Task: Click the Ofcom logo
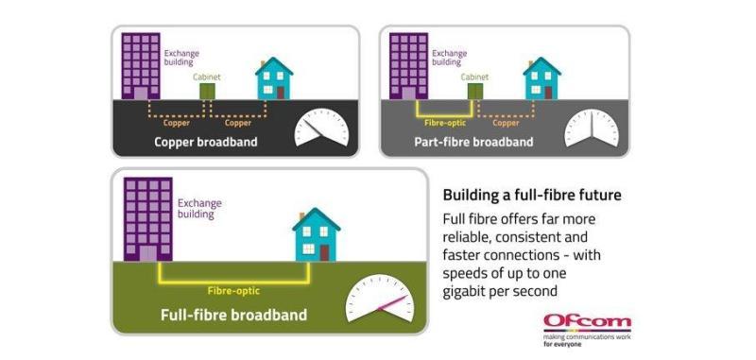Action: click(x=587, y=331)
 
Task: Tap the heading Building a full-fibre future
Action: click(x=532, y=196)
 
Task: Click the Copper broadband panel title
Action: click(x=206, y=142)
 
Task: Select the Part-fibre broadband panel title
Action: click(x=473, y=142)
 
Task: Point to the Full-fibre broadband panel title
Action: click(x=233, y=315)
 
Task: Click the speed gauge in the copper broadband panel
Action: click(x=321, y=128)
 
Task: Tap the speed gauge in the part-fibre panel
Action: click(x=592, y=128)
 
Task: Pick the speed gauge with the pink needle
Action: click(x=380, y=299)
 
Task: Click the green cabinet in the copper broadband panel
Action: click(x=207, y=91)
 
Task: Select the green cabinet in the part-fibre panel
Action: click(x=475, y=91)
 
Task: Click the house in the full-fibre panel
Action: click(x=317, y=234)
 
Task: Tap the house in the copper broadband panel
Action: click(x=274, y=78)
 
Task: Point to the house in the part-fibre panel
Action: click(x=541, y=78)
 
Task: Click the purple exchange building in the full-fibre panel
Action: click(x=148, y=219)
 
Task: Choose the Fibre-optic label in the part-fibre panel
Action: click(x=445, y=123)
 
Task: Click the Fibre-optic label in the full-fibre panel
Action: click(x=233, y=291)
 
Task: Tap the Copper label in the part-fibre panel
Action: click(x=506, y=123)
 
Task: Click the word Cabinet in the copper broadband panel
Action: click(x=207, y=77)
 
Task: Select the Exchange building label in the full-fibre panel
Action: click(x=199, y=208)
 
